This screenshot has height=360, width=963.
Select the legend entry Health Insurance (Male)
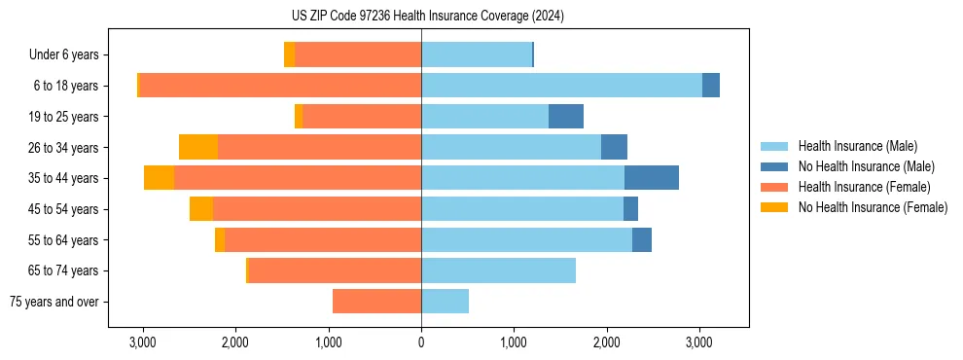(x=857, y=146)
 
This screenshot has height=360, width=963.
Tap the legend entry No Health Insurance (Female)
(x=872, y=207)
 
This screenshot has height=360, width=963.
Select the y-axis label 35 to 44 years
(x=64, y=178)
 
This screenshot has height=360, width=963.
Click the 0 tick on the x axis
(x=421, y=342)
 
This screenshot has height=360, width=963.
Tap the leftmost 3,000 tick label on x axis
(x=143, y=342)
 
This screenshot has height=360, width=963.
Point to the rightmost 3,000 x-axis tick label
(x=699, y=342)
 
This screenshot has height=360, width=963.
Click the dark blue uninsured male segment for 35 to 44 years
(x=651, y=178)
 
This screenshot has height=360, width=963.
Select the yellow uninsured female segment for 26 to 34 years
(x=198, y=147)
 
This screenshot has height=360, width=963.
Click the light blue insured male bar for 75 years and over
(x=445, y=302)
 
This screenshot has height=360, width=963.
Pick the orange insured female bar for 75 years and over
(x=377, y=302)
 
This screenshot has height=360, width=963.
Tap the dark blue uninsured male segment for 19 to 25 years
(x=566, y=117)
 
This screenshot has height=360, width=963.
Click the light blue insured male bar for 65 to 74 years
(x=498, y=270)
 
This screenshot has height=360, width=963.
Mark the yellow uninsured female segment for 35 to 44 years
(x=159, y=178)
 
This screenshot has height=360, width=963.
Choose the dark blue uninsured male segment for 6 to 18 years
(x=711, y=86)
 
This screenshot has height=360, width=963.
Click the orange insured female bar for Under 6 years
(x=358, y=54)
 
